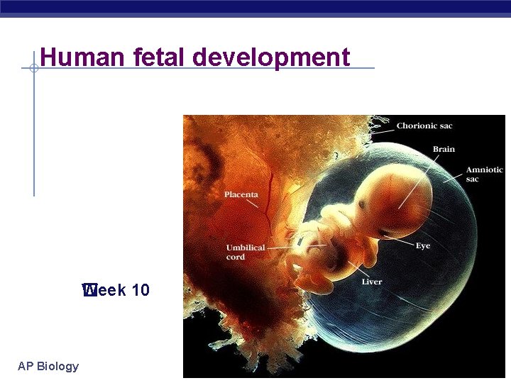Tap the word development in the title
273,57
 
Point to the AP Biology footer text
48,366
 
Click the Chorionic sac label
424,126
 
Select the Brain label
444,149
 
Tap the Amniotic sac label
484,174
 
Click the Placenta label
241,194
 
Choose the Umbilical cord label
246,252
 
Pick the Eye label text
423,246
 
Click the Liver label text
372,282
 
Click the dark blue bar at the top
255,7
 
